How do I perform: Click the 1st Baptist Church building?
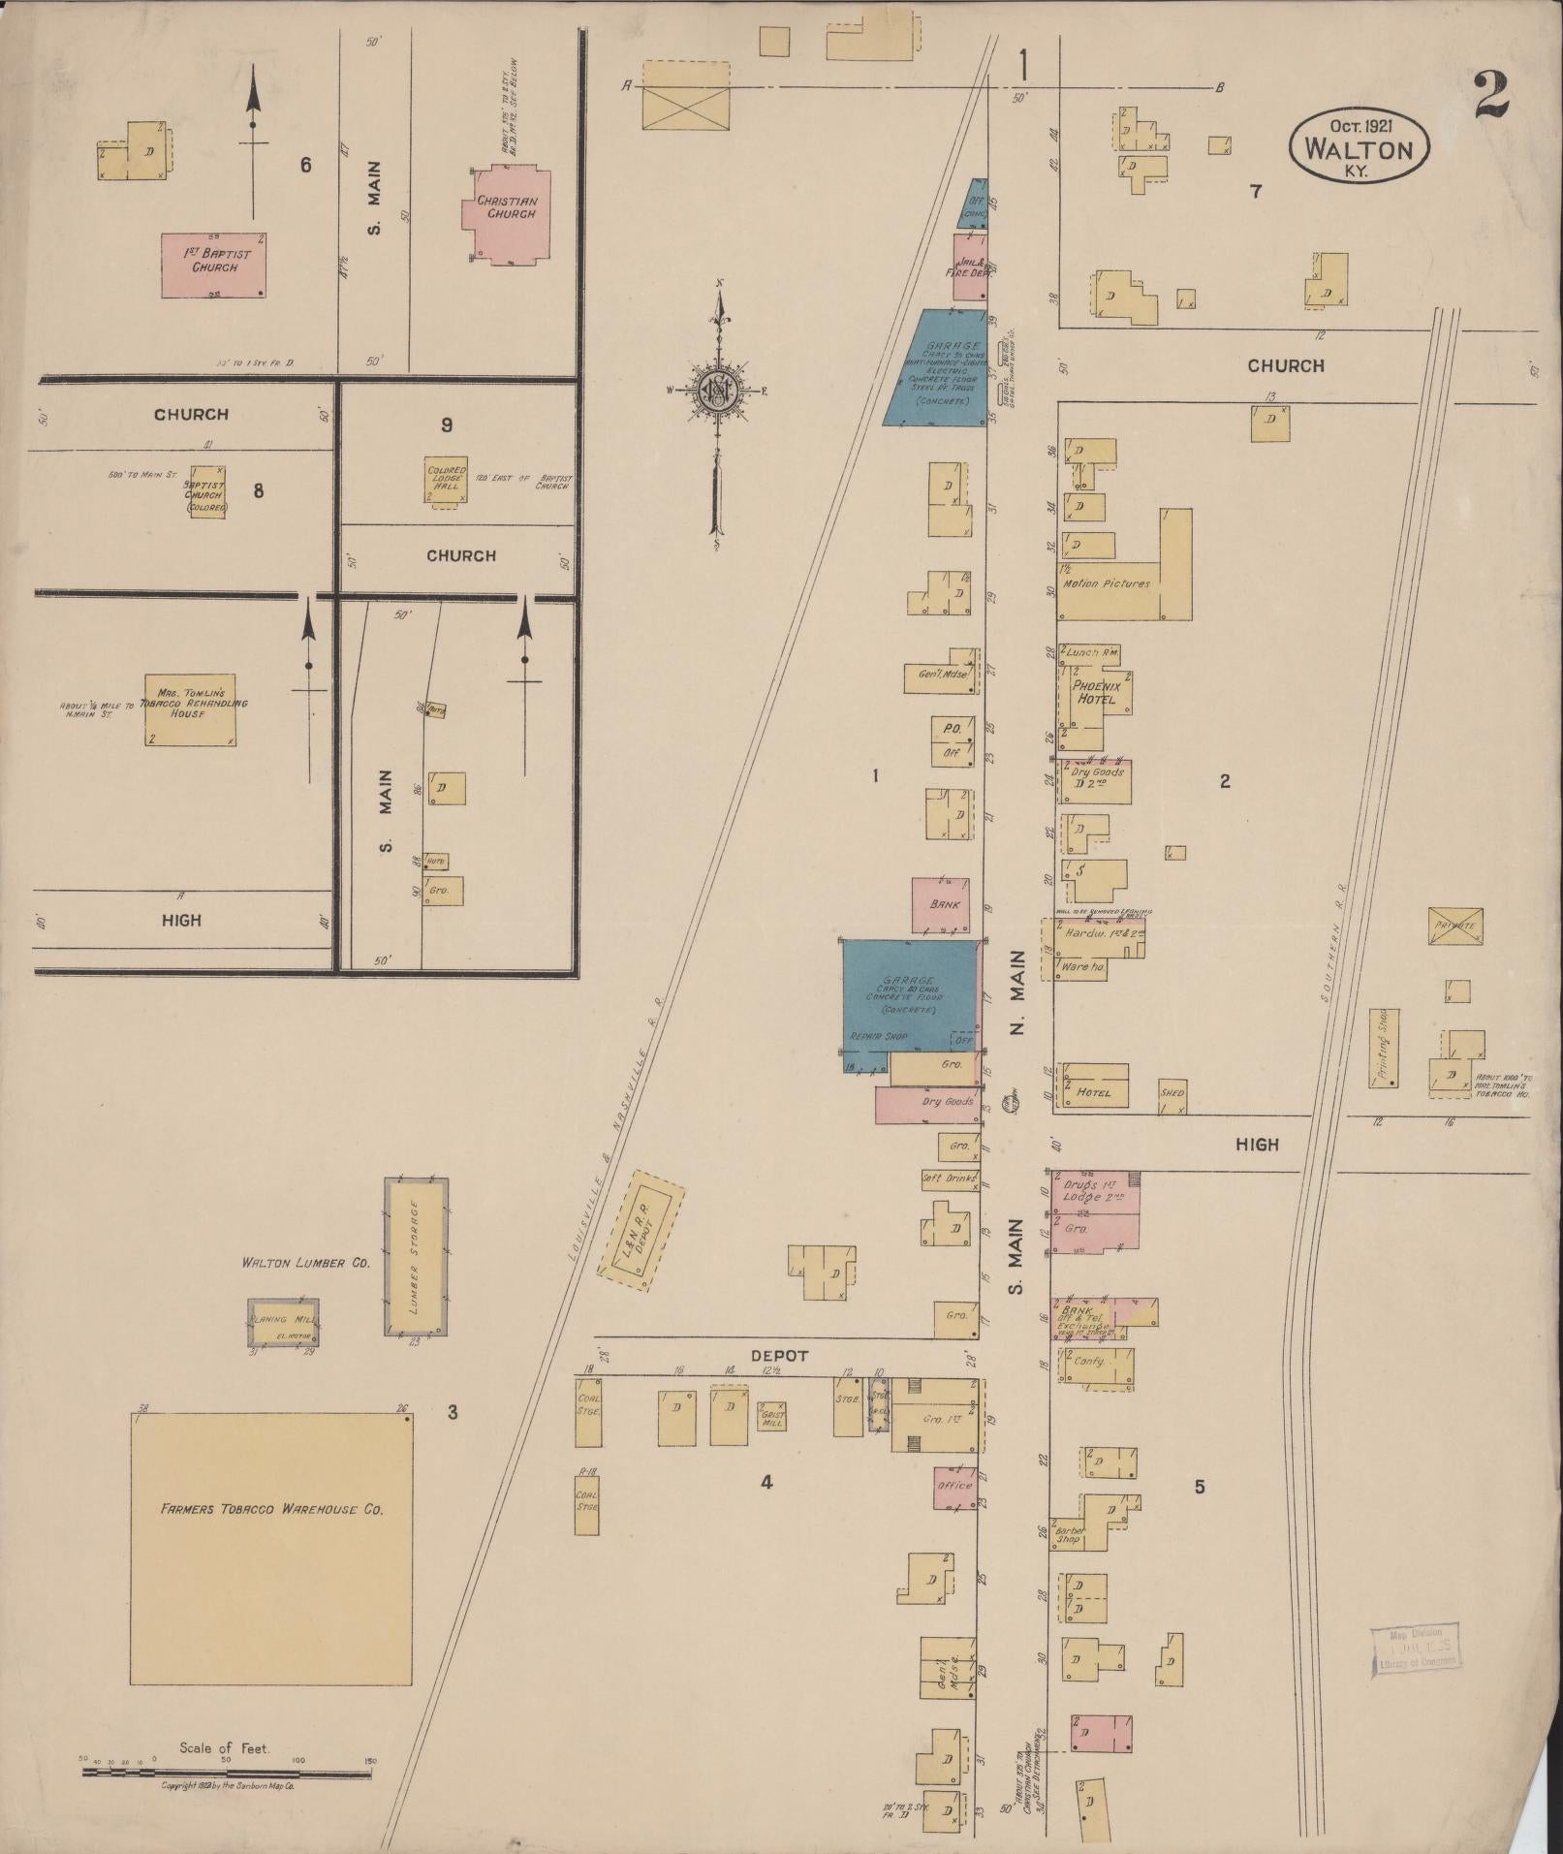[x=212, y=265]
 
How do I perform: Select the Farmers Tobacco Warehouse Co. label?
[x=272, y=1509]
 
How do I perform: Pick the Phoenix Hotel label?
[x=1096, y=692]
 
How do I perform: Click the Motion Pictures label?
[x=1106, y=584]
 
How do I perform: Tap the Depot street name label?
[x=779, y=1356]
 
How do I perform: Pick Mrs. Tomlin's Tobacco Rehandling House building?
[x=189, y=709]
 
